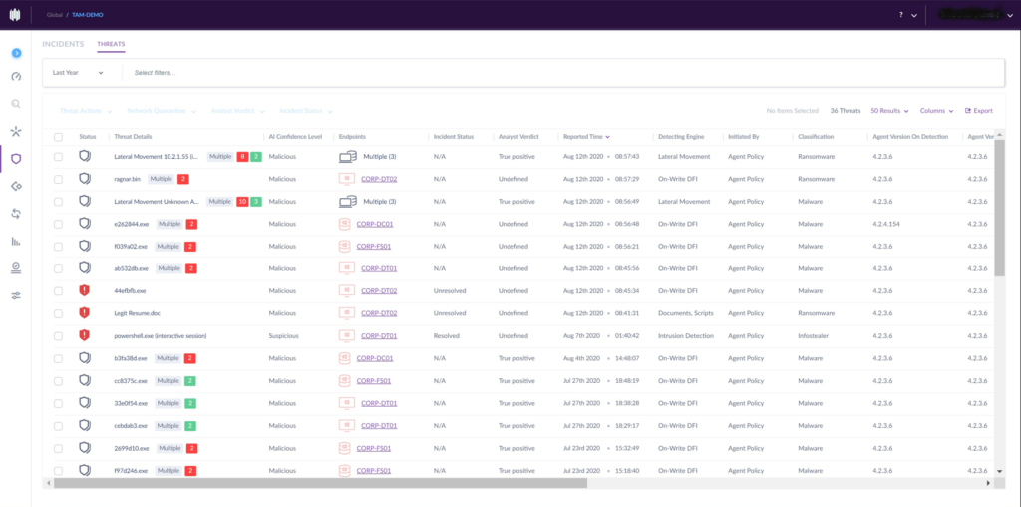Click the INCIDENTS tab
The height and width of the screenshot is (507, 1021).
(x=62, y=45)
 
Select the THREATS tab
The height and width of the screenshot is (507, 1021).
(x=111, y=45)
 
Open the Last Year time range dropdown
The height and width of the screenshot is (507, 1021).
(x=78, y=73)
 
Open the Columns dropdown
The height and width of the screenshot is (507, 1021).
(x=936, y=111)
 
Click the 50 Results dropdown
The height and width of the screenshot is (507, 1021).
(x=888, y=111)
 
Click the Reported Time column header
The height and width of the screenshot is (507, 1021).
(x=586, y=136)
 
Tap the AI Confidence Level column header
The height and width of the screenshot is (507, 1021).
(x=295, y=136)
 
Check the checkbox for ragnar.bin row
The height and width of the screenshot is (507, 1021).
(x=58, y=179)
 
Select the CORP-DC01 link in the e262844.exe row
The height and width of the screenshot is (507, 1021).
(x=375, y=224)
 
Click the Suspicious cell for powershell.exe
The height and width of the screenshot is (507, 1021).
(x=283, y=336)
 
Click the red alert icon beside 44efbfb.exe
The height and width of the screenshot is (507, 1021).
(x=85, y=290)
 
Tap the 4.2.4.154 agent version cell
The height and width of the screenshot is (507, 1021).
(x=892, y=224)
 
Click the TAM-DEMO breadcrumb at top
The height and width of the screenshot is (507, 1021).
(x=87, y=15)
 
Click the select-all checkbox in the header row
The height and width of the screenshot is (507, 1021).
(x=58, y=136)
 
